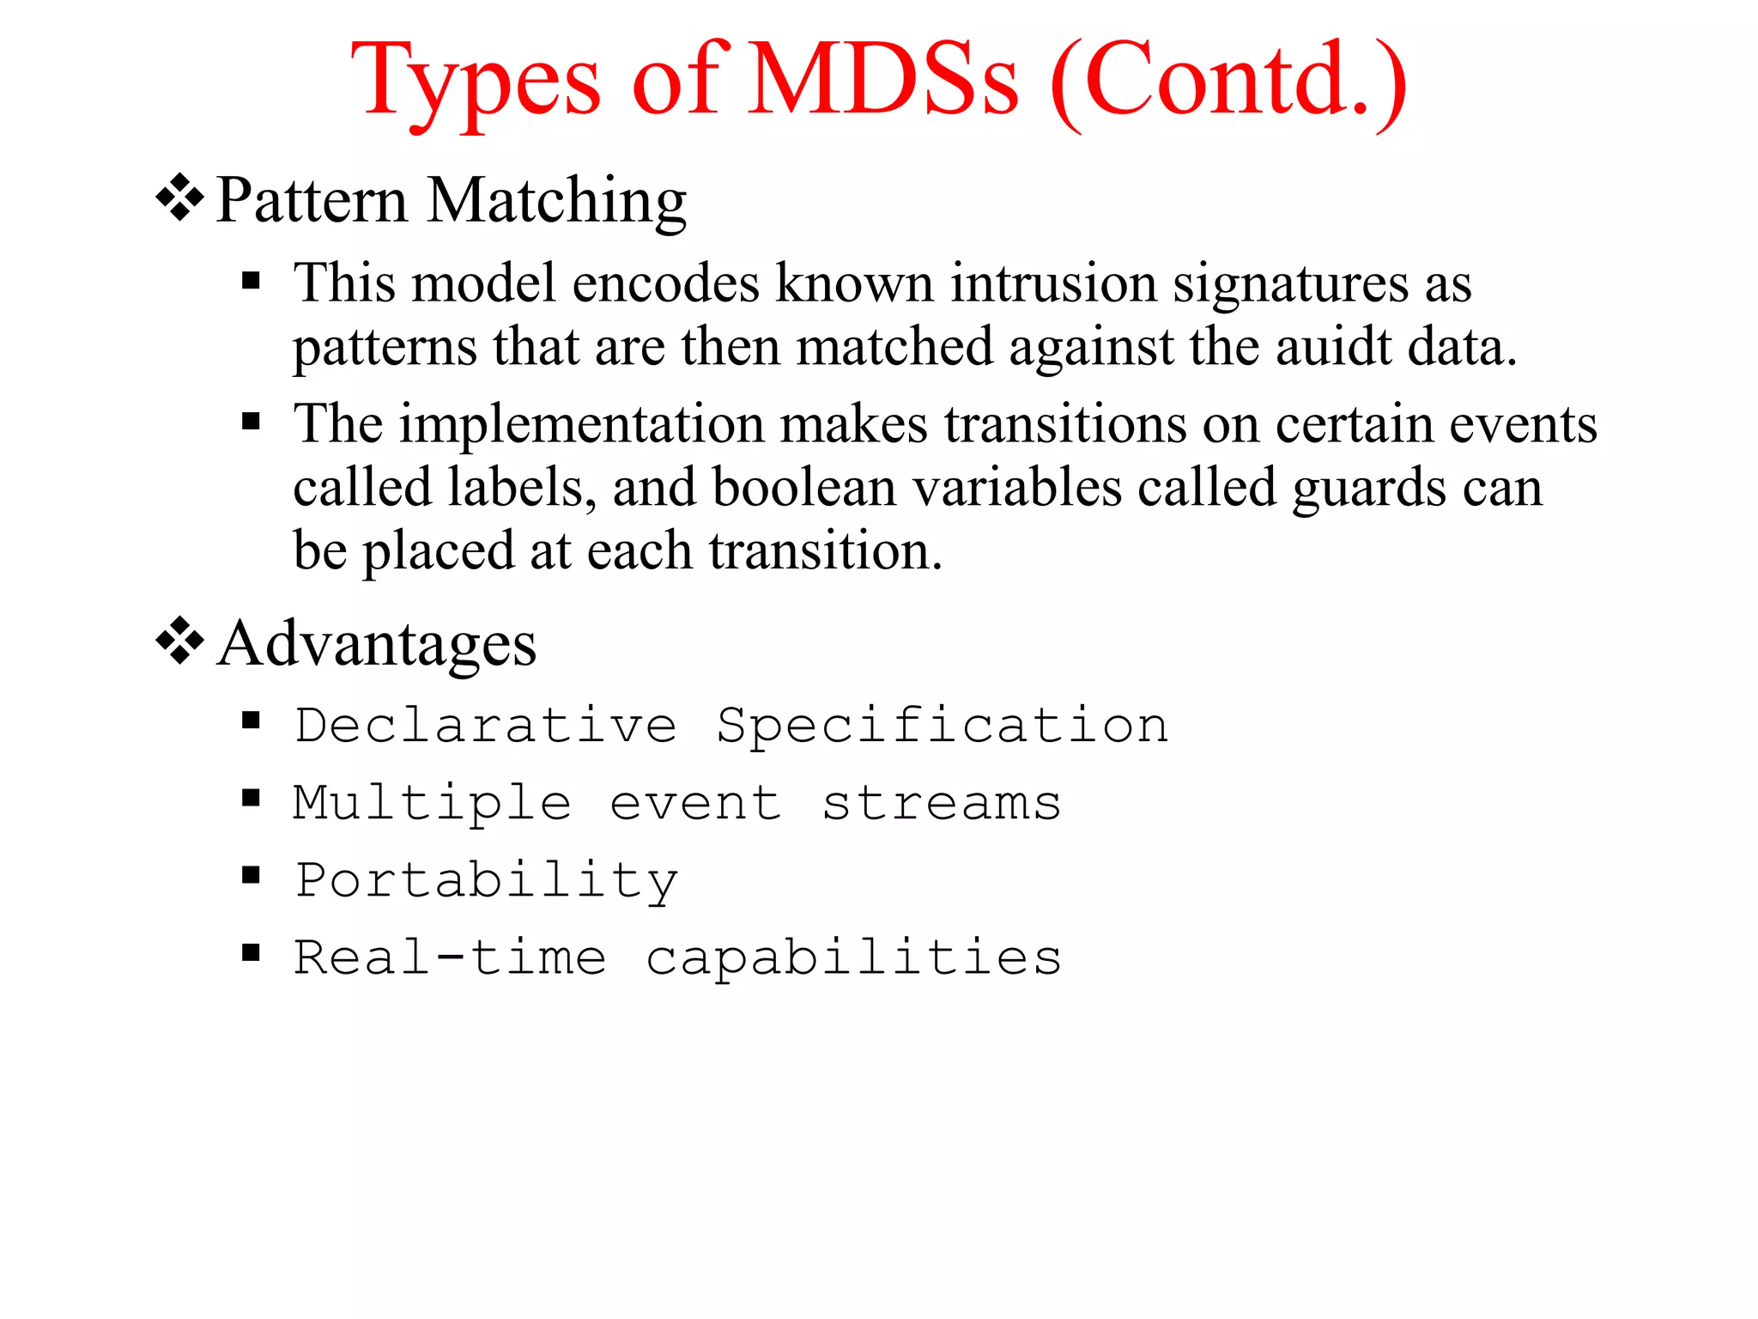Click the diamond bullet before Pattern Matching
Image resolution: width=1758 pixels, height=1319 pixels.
(179, 198)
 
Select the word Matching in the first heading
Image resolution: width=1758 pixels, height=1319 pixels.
(557, 202)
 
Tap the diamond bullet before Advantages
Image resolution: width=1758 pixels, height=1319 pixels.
(179, 641)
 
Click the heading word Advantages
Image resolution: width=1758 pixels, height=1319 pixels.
(377, 644)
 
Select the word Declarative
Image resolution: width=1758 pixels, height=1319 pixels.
(486, 726)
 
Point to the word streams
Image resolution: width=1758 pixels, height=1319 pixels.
(942, 804)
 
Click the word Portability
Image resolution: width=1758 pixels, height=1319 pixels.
(486, 882)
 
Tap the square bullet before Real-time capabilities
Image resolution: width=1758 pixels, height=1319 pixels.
(251, 951)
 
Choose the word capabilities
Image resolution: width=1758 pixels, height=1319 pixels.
(854, 959)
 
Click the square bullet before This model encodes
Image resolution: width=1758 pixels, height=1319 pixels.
(251, 280)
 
